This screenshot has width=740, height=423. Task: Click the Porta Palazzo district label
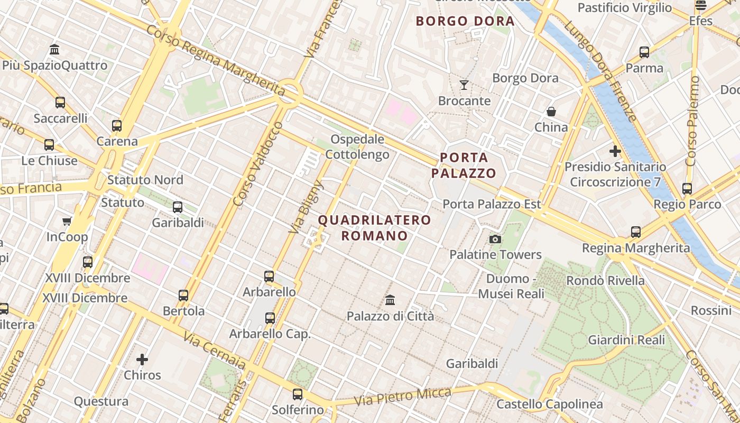[x=464, y=165]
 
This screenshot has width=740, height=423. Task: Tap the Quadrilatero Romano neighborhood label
[x=374, y=227]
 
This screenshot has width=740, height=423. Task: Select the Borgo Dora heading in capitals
[x=465, y=21]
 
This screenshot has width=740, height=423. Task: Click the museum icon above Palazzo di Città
[x=390, y=300]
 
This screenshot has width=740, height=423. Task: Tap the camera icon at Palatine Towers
[x=495, y=240]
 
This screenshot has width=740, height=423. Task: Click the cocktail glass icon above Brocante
[x=464, y=85]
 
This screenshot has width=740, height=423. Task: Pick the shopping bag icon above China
[x=551, y=112]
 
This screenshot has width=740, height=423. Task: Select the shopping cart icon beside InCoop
[x=67, y=221]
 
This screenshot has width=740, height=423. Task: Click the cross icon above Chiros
[x=142, y=360]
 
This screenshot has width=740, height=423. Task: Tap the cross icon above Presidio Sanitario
[x=615, y=151]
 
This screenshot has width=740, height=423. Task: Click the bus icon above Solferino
[x=298, y=394]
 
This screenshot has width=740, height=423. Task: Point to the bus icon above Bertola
[x=183, y=296]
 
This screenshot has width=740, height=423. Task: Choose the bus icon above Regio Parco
[x=687, y=188]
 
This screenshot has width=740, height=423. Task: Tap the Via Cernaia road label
[x=215, y=350]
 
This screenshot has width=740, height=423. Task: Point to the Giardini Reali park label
[x=626, y=340]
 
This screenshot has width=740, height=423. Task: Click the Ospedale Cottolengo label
[x=357, y=147]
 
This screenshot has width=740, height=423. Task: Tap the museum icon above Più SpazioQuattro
[x=54, y=50]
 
